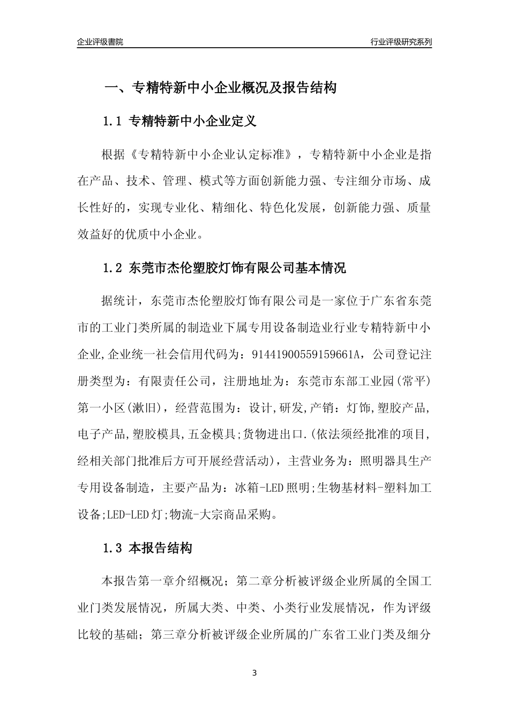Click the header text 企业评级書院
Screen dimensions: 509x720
coord(100,42)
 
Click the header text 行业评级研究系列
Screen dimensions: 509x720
coord(401,42)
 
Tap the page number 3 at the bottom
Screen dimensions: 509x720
coord(254,673)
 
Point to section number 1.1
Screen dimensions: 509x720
coord(113,122)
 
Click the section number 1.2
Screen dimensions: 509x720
coord(113,268)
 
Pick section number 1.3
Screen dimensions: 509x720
coord(113,549)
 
